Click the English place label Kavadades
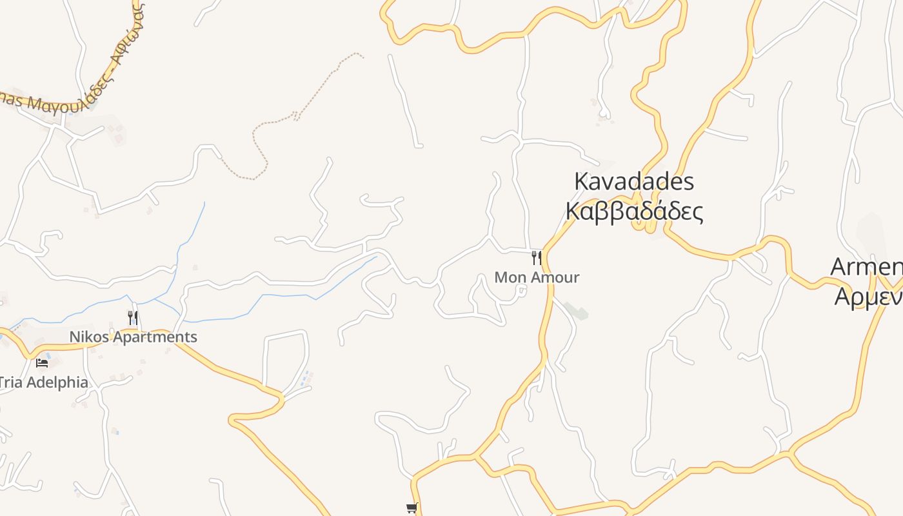click(633, 182)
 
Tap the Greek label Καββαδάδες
click(633, 212)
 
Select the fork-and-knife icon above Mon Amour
click(536, 258)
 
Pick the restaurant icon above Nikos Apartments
click(133, 317)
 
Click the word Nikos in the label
click(86, 337)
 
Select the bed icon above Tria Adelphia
click(42, 362)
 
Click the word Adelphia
click(58, 382)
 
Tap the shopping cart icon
click(412, 508)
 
